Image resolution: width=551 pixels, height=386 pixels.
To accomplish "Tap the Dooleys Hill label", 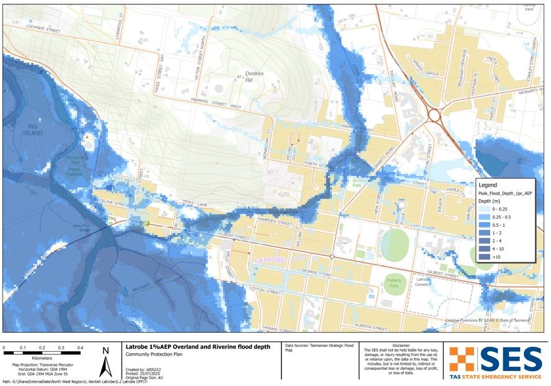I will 254,76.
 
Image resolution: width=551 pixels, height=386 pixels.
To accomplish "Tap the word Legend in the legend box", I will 488,185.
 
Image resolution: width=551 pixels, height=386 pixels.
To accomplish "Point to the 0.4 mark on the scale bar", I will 81,348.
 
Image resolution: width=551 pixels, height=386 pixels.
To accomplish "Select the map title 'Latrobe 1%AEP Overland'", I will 198,347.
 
